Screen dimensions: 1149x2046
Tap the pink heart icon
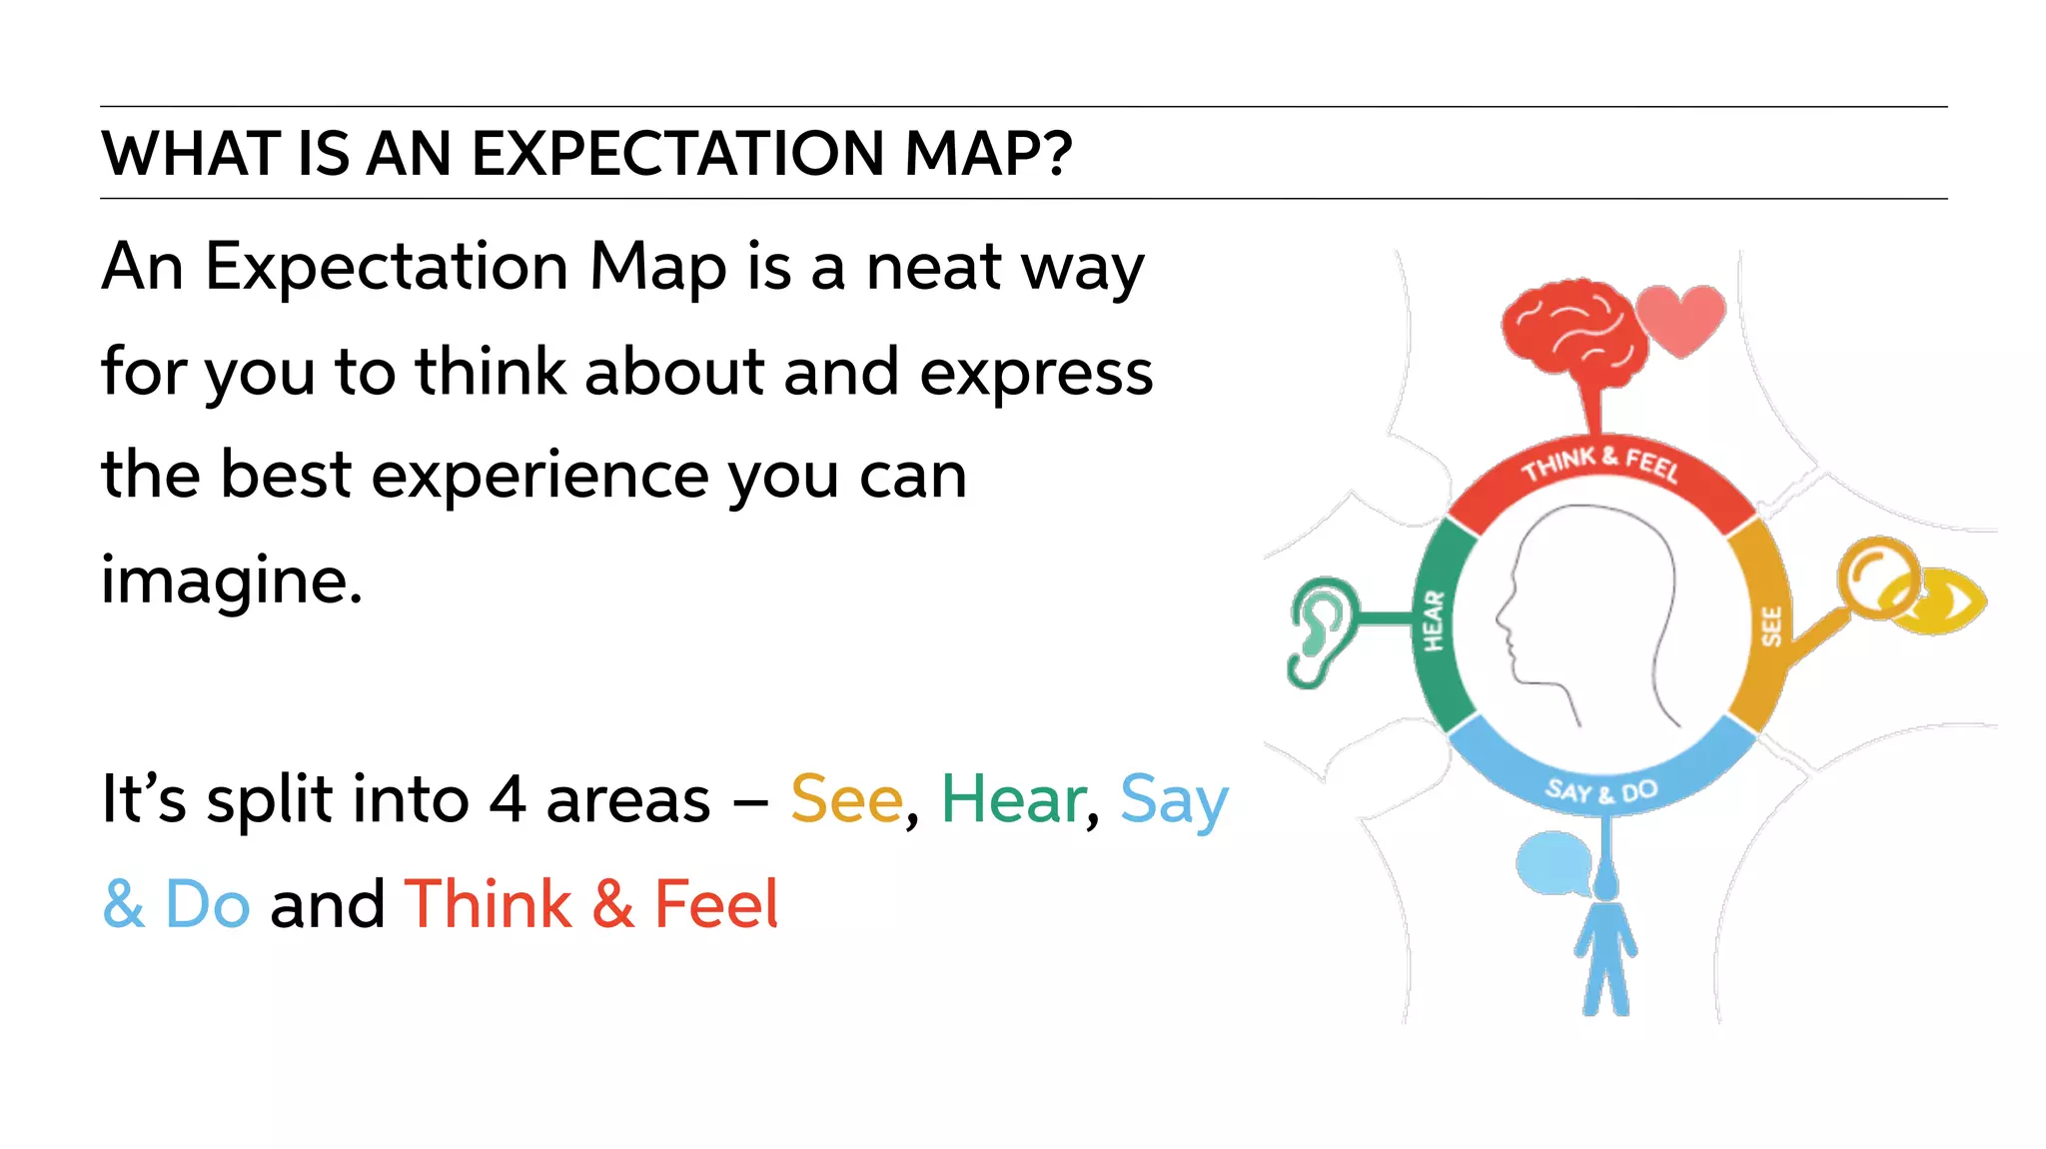click(1682, 319)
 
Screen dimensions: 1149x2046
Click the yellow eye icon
click(1943, 601)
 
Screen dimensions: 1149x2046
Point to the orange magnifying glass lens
click(1877, 576)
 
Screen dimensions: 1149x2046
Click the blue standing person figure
click(1605, 949)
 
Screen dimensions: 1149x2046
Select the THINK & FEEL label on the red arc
click(1600, 464)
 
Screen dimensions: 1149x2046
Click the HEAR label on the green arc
click(1434, 620)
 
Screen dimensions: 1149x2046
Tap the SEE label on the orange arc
click(1771, 626)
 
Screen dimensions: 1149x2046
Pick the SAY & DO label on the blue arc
click(1601, 791)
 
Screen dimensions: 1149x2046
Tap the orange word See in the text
click(846, 799)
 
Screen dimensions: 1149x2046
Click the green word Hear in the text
click(1013, 799)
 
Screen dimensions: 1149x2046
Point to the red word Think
click(489, 903)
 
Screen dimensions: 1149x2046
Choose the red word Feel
click(715, 903)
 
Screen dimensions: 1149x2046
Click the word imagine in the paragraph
click(230, 580)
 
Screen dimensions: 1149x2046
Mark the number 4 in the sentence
click(508, 799)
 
